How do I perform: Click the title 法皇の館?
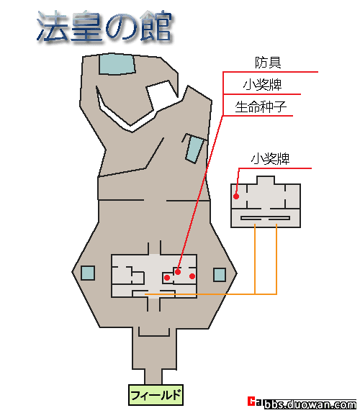(104, 27)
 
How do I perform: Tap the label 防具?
(268, 63)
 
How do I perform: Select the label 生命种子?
(261, 106)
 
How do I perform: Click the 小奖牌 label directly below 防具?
(263, 85)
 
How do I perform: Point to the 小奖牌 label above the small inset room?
(271, 159)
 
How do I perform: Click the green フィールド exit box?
(156, 395)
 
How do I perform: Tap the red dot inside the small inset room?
(236, 196)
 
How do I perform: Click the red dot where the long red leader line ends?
(178, 272)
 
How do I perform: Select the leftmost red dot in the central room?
(167, 278)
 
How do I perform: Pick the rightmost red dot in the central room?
(192, 276)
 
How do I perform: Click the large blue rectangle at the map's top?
(117, 64)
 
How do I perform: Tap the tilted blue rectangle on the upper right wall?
(194, 149)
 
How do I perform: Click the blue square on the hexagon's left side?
(88, 273)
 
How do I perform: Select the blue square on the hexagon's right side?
(220, 275)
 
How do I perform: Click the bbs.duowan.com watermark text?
(310, 404)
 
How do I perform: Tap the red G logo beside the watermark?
(252, 401)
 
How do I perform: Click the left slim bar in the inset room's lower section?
(251, 218)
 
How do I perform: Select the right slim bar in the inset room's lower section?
(279, 218)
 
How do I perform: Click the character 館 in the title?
(156, 26)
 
